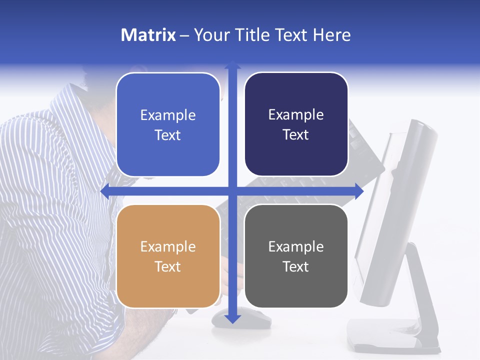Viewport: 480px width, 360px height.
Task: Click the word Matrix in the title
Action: (148, 35)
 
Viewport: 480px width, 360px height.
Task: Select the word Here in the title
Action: (331, 35)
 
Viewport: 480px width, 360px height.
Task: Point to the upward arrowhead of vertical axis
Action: (232, 64)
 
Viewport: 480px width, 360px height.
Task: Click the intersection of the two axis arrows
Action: (232, 191)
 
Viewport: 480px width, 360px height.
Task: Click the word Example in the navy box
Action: (296, 115)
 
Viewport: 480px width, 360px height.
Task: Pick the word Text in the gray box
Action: (296, 266)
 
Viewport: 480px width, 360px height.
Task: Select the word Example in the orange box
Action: (168, 246)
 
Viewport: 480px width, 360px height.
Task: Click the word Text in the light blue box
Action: (168, 135)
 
